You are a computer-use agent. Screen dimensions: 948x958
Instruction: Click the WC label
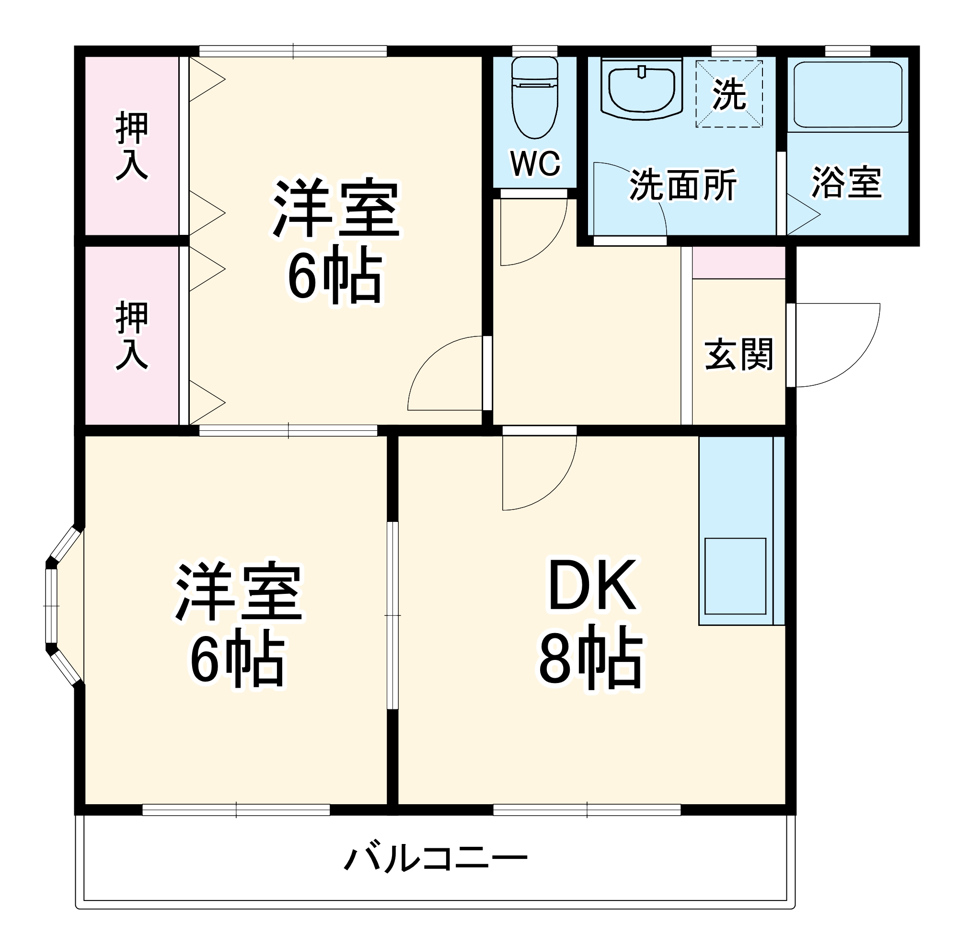(535, 163)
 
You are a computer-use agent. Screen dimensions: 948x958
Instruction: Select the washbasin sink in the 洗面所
(642, 89)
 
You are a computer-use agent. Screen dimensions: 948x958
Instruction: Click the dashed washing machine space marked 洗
(728, 94)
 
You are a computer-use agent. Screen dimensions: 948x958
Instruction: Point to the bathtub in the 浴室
(847, 95)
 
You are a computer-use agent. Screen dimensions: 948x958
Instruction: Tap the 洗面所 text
(683, 185)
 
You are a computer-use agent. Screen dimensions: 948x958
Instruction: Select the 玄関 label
(739, 355)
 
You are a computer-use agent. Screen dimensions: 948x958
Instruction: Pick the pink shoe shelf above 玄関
(739, 262)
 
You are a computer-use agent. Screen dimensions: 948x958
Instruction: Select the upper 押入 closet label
(131, 147)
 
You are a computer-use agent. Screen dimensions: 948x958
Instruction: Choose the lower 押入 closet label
(131, 335)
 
